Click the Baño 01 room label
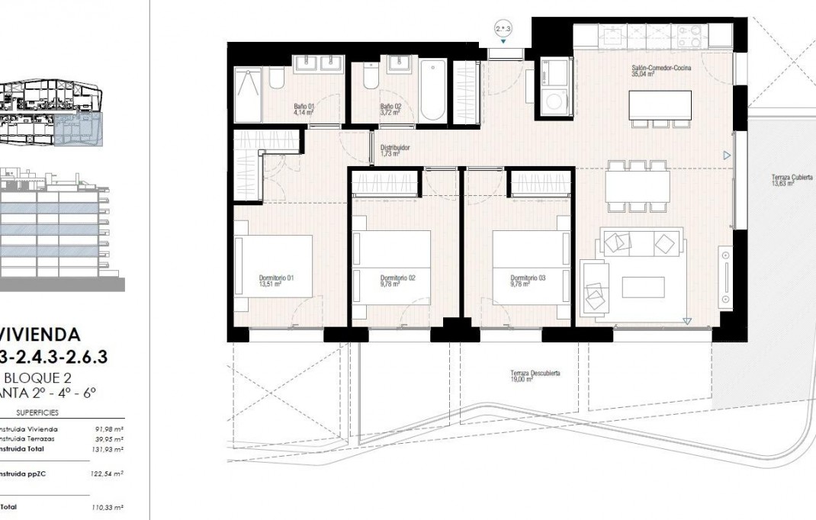tap(304, 109)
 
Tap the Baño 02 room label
tap(390, 109)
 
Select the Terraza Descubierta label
tap(535, 376)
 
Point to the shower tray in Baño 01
tap(248, 95)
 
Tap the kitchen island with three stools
tap(660, 105)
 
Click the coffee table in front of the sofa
tap(643, 287)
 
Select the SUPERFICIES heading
tap(37, 412)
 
